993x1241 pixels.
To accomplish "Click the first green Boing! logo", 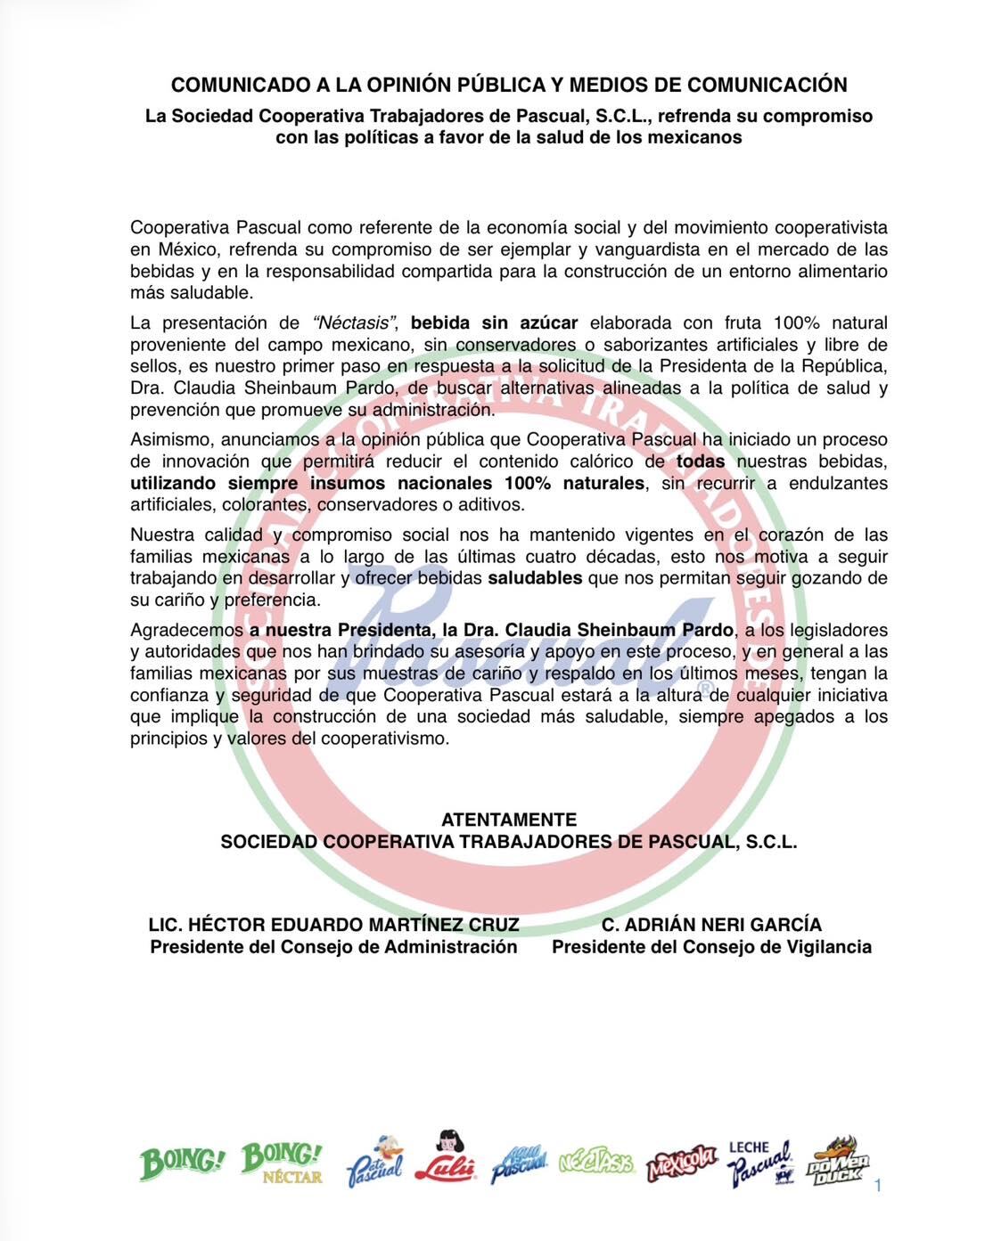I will [182, 1163].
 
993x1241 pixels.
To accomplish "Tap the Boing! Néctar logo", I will [282, 1163].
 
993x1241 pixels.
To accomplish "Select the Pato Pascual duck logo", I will [375, 1159].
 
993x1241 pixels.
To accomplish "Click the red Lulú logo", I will [445, 1158].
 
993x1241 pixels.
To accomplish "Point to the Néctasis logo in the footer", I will [596, 1163].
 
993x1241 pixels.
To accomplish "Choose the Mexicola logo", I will [682, 1162].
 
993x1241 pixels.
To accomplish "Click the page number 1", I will [878, 1186].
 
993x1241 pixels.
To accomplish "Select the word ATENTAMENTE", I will [509, 820].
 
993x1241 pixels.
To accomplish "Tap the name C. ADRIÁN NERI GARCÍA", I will [711, 925].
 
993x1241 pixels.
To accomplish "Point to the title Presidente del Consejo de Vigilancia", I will [711, 947].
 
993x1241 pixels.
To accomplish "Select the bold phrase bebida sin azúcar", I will [494, 322].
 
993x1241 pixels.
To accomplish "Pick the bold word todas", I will [701, 461].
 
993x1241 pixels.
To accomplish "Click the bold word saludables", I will [535, 578].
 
